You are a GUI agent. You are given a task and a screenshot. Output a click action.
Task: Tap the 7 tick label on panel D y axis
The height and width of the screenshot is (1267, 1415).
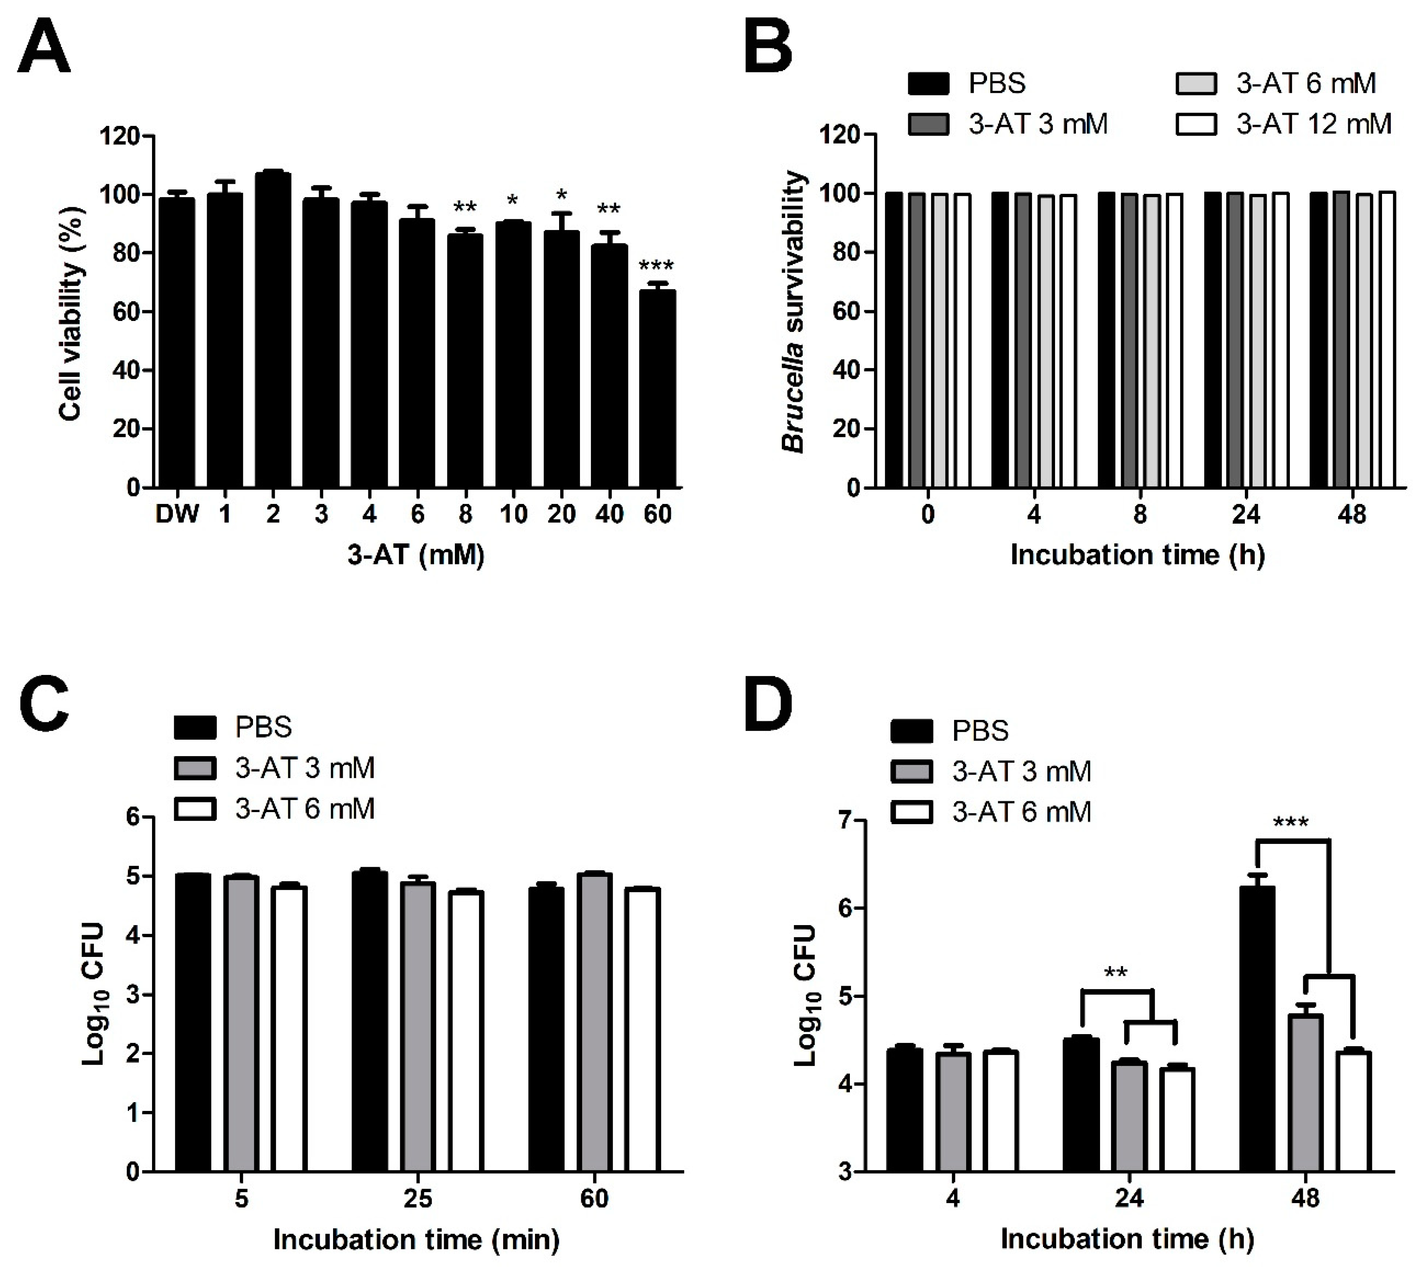[x=843, y=821]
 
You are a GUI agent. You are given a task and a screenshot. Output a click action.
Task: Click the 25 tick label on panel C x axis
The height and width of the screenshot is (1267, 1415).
[x=418, y=1199]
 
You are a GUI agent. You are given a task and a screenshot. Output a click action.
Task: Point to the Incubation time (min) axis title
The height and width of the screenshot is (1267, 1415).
[x=416, y=1240]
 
